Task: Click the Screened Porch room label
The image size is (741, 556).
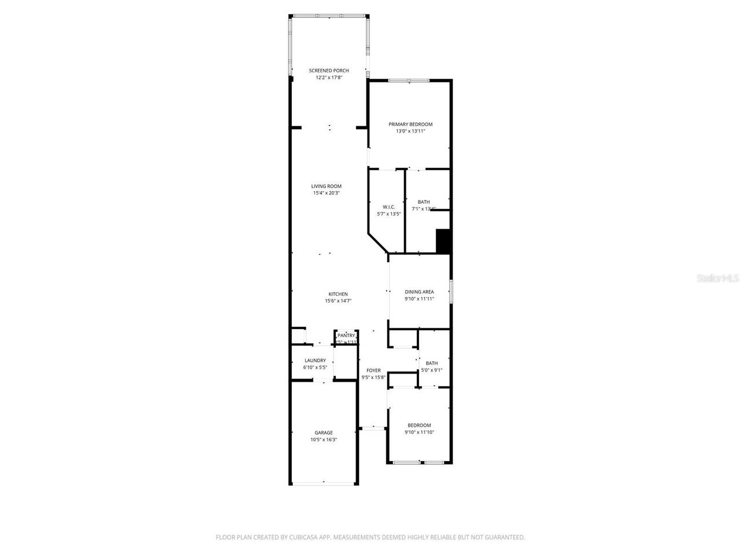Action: pyautogui.click(x=329, y=71)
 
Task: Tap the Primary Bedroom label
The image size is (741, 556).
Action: pyautogui.click(x=410, y=125)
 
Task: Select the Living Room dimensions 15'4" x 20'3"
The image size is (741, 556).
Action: pyautogui.click(x=327, y=193)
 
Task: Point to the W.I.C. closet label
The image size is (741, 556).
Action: pyautogui.click(x=388, y=207)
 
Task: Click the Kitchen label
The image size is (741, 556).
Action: pyautogui.click(x=338, y=294)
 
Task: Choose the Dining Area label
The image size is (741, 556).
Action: pyautogui.click(x=419, y=292)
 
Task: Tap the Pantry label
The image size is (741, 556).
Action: pyautogui.click(x=346, y=335)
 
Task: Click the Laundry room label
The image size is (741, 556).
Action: pyautogui.click(x=315, y=360)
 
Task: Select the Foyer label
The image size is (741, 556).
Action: pyautogui.click(x=373, y=371)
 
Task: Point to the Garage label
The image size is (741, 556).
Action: pyautogui.click(x=324, y=433)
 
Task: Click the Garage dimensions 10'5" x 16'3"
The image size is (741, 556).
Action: pyautogui.click(x=324, y=440)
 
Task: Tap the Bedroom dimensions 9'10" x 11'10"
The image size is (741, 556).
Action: pyautogui.click(x=419, y=432)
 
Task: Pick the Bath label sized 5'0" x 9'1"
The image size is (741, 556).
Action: pyautogui.click(x=431, y=363)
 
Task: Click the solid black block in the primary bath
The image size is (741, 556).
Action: pyautogui.click(x=443, y=241)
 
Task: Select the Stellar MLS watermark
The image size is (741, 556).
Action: pyautogui.click(x=718, y=279)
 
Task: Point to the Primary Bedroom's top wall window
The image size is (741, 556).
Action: pyautogui.click(x=409, y=80)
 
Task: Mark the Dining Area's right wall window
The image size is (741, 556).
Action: pyautogui.click(x=451, y=291)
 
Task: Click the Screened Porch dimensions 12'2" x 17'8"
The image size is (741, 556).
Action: pyautogui.click(x=329, y=78)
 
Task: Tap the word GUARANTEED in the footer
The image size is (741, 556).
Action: pyautogui.click(x=505, y=537)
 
